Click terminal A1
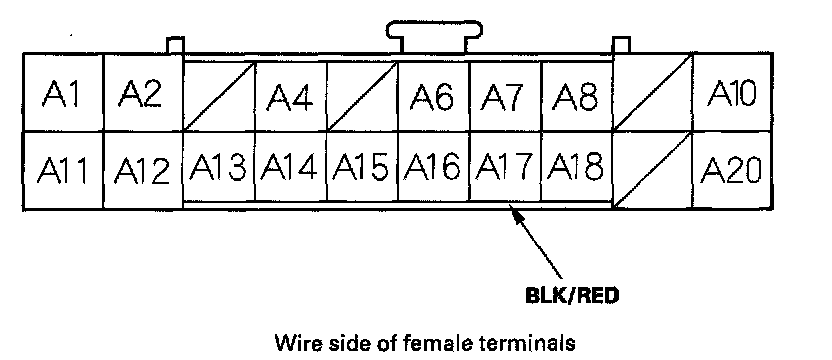(63, 92)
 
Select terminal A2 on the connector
(143, 92)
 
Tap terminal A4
(291, 97)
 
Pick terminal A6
(433, 97)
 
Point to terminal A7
(505, 97)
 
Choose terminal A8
(577, 97)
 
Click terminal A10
(733, 92)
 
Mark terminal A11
(63, 170)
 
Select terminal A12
(143, 170)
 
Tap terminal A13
(219, 166)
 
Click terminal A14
(291, 166)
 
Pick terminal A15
(362, 166)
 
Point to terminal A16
(434, 166)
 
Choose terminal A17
(505, 166)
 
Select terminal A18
(577, 166)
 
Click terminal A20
(733, 170)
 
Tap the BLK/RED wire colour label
(572, 296)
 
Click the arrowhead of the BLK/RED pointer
(516, 214)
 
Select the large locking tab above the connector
(434, 36)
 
